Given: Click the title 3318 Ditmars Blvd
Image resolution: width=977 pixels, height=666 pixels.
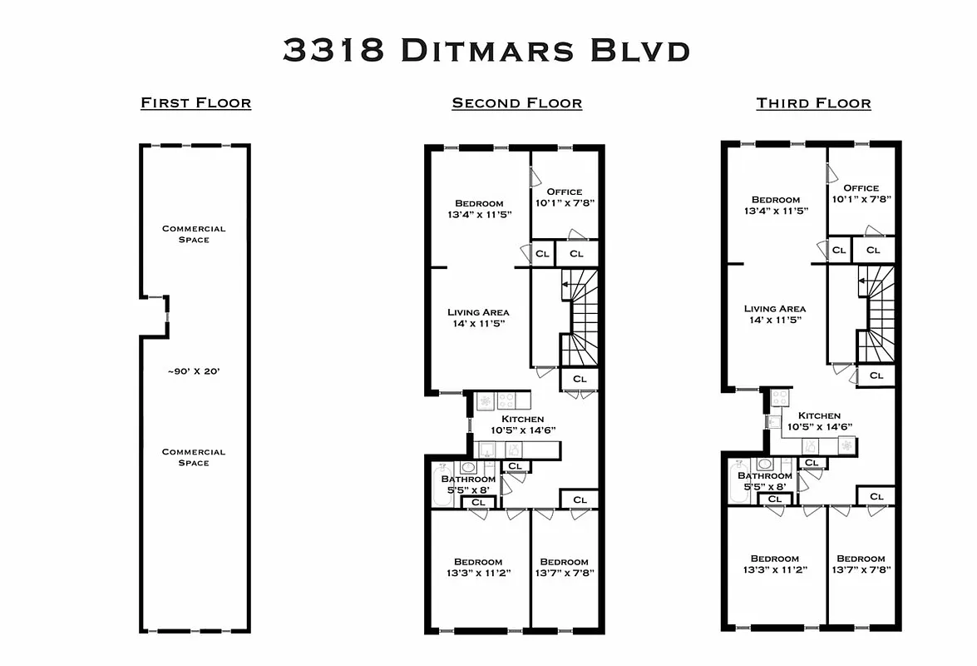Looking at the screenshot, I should coord(486,50).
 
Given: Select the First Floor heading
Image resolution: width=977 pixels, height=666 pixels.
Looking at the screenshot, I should coord(195,103).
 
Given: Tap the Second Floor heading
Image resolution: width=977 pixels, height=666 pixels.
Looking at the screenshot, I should coord(516,103).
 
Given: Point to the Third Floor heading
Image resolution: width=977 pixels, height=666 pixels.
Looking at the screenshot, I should coord(813,103).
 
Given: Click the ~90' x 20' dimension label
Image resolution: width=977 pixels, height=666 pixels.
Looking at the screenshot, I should coord(193,371).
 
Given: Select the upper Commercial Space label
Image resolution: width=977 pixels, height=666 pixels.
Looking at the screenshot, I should coord(194,234).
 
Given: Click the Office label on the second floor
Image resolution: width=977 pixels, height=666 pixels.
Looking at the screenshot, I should coord(564,191).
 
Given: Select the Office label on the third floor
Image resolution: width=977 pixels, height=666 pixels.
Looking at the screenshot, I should coord(861,188).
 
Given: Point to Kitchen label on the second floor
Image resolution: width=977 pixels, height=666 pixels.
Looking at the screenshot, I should coord(522,419).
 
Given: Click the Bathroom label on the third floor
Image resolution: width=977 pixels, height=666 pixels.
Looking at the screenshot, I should coord(765,476).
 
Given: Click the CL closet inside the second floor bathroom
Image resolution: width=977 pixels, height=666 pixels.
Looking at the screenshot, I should coord(478,502).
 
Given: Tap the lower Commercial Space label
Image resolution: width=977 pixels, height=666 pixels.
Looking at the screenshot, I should coord(194,457).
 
